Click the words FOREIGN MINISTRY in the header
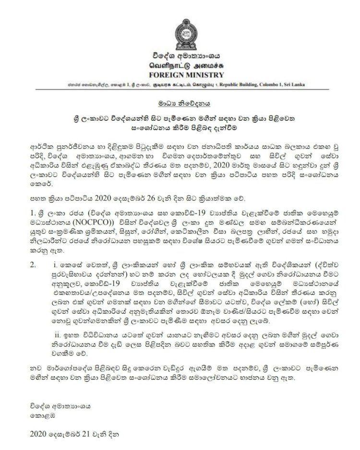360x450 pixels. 180,75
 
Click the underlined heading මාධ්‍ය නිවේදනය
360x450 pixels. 180,103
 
